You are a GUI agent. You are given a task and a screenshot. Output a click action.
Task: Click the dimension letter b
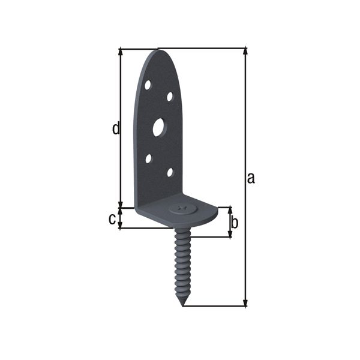click(235, 223)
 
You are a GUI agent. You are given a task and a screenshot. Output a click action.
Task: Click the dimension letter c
click(112, 219)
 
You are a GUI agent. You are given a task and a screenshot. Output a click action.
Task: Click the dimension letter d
click(116, 128)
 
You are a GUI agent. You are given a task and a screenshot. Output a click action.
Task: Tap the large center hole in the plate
click(158, 127)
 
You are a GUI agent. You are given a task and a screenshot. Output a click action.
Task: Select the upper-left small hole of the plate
click(148, 85)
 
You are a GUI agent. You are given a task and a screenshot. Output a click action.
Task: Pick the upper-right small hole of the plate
click(170, 96)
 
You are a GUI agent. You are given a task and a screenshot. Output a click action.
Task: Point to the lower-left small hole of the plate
click(148, 159)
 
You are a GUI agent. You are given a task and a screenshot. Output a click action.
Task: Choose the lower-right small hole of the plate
click(170, 172)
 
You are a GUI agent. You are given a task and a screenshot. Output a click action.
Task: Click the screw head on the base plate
click(182, 209)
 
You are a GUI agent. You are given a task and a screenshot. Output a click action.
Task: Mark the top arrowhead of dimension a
click(245, 52)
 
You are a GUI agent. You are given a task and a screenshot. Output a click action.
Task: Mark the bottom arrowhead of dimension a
click(245, 303)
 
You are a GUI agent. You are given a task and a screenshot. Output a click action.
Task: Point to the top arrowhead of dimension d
click(121, 52)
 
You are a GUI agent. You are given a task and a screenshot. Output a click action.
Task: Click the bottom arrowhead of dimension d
click(121, 204)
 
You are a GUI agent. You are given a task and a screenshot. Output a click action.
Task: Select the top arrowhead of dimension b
click(230, 211)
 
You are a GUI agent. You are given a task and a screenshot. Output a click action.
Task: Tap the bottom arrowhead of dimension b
click(230, 233)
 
